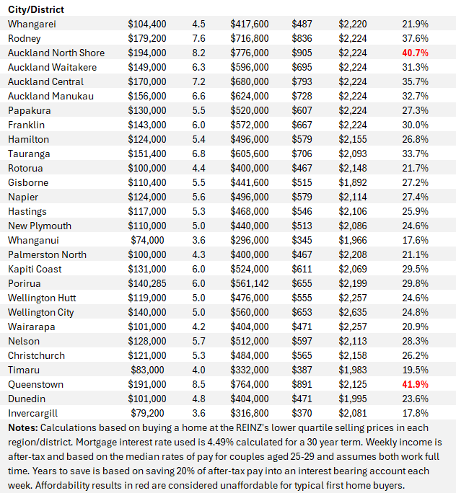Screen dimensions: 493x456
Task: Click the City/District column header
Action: (x=36, y=9)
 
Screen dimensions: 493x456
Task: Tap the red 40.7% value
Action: (x=415, y=53)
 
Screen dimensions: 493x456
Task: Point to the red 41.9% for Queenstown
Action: (x=415, y=384)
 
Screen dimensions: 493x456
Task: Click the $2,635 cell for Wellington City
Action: (x=353, y=312)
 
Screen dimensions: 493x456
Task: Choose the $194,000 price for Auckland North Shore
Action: (x=146, y=53)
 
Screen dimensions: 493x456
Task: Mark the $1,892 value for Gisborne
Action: (x=353, y=182)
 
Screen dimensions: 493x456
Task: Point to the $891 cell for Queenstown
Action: (x=302, y=384)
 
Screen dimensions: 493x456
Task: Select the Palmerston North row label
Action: (x=47, y=254)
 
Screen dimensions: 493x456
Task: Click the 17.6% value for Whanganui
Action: (x=415, y=240)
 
